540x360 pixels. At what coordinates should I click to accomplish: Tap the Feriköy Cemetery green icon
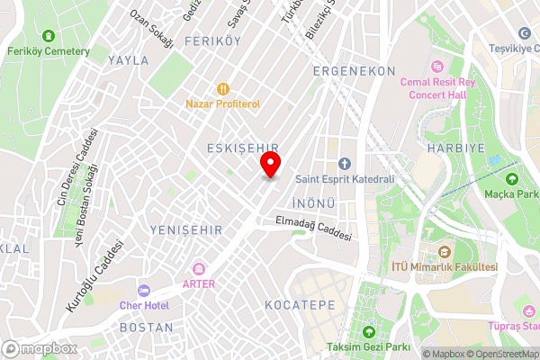tap(48, 36)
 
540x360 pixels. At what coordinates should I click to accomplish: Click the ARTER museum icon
tap(198, 269)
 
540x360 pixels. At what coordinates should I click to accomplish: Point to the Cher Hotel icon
tap(143, 291)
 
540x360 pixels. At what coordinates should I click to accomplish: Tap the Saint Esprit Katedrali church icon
tap(344, 163)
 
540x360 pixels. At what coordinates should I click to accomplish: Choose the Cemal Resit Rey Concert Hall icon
tap(436, 67)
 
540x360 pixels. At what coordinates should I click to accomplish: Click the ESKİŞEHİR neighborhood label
tap(242, 148)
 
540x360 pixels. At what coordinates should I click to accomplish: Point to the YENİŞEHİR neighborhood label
tap(186, 230)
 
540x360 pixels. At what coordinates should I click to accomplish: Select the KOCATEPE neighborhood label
tap(300, 306)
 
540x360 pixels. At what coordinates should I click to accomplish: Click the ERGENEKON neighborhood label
tap(355, 70)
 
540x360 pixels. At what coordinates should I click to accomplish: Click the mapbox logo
tap(40, 348)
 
